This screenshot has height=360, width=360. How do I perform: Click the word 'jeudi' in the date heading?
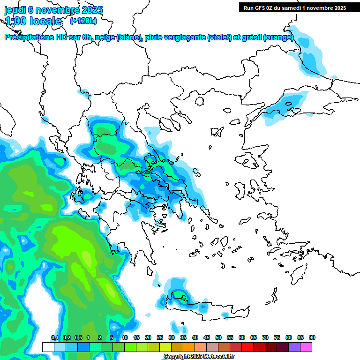(x=15, y=10)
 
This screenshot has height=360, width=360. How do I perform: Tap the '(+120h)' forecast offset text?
(x=83, y=21)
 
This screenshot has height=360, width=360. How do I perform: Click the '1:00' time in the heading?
(x=15, y=21)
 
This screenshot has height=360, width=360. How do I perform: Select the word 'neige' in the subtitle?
(x=105, y=37)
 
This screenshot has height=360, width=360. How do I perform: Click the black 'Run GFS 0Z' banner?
(x=294, y=7)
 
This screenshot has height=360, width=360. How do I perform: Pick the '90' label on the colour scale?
(x=312, y=337)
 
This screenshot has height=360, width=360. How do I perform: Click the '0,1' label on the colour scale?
(x=54, y=337)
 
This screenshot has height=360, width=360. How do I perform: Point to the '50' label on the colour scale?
(x=218, y=337)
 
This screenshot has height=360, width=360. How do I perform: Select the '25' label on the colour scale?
(x=160, y=337)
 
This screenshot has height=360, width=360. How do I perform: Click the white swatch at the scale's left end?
(x=48, y=347)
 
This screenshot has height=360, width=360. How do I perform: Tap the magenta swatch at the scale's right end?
(x=306, y=347)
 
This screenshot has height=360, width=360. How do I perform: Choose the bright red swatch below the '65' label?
(x=247, y=347)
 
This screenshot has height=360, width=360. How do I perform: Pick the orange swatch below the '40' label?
(x=189, y=347)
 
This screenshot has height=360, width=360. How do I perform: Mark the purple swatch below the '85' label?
(x=294, y=347)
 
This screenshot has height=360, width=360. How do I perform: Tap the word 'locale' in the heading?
(x=45, y=21)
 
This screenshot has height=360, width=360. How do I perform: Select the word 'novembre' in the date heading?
(x=56, y=10)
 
